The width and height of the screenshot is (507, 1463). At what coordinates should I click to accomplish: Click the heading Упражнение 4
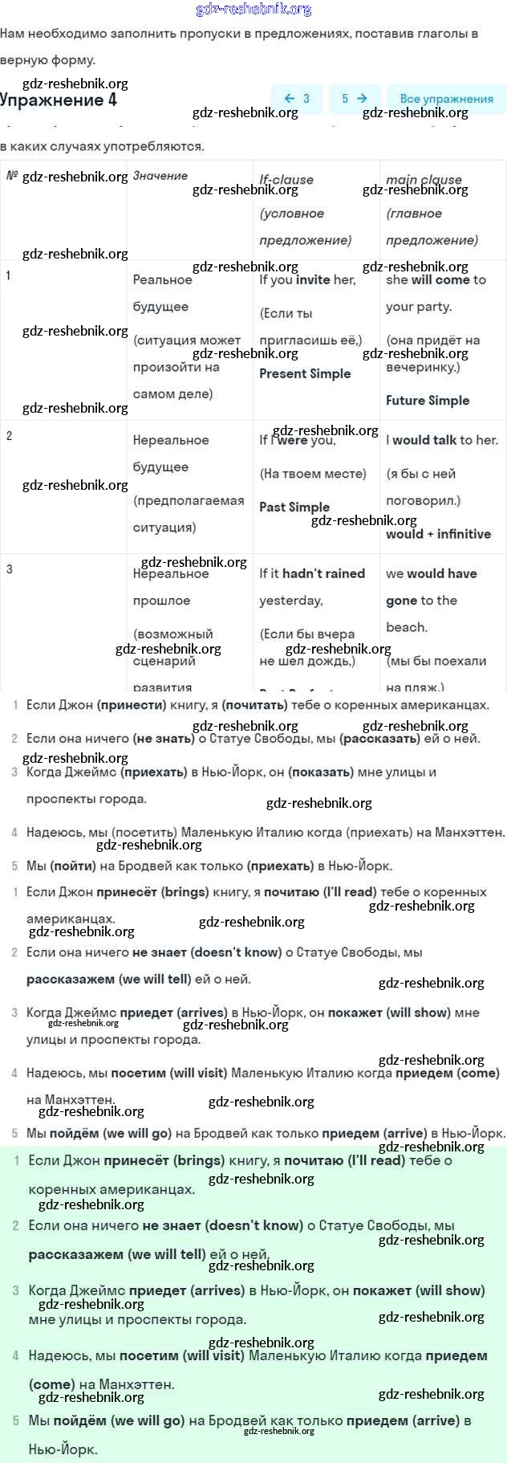pos(59,100)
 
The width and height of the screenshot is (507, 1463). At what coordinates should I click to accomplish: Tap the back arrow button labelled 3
pos(297,98)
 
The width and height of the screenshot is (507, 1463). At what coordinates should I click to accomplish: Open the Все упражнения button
pos(446,98)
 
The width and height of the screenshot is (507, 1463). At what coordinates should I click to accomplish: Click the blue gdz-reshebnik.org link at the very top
pos(253,10)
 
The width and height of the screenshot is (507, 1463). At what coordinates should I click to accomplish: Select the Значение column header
pos(160,176)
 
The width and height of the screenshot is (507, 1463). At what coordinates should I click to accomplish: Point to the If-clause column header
pos(286,180)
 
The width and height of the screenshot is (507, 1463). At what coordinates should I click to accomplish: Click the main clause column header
pos(424,180)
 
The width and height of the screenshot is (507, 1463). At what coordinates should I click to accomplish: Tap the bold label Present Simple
pos(305,373)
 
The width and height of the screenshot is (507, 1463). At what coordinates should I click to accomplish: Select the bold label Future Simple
pos(428,400)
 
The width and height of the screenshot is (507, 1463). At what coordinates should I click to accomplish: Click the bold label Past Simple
pos(294,507)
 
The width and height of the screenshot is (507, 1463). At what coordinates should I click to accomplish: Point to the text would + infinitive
pos(438,534)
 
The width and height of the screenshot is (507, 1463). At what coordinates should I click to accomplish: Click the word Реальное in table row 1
pos(163,280)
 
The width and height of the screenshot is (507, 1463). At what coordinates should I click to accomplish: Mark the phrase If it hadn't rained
pos(312,573)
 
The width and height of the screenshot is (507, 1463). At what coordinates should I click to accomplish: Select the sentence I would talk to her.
pos(442,440)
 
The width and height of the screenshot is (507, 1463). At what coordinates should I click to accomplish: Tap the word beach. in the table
pos(407,627)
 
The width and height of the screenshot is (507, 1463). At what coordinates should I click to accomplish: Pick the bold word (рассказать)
pos(377,739)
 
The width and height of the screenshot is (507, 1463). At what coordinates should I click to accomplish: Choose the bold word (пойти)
pos(72,866)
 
